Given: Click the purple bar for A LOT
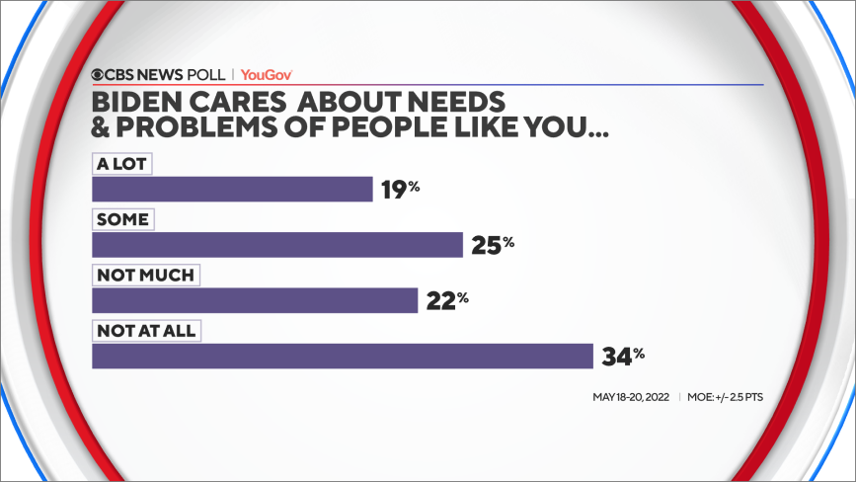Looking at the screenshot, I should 232,190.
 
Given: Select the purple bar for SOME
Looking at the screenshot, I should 277,245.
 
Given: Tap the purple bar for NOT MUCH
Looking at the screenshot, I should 255,300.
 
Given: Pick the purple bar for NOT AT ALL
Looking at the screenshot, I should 342,356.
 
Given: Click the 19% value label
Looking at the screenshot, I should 400,189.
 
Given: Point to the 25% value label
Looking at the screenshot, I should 492,244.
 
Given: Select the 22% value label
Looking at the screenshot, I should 446,299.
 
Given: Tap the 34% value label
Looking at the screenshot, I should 622,355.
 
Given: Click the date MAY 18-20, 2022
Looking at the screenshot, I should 630,398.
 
